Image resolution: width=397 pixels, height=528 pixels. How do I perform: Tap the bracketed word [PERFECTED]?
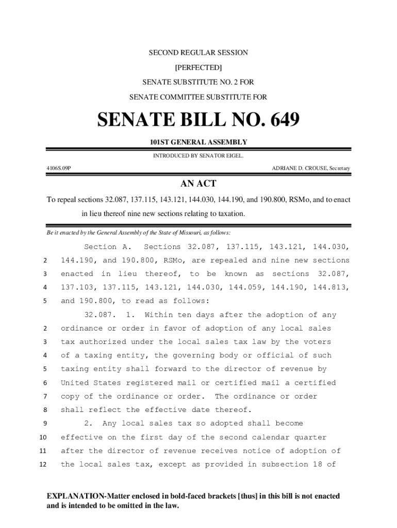point(198,68)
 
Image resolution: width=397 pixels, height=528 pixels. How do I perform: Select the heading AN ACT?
point(198,184)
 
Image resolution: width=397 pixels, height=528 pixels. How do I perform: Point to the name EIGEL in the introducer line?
point(233,155)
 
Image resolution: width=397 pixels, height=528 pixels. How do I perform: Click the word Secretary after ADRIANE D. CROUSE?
point(340,169)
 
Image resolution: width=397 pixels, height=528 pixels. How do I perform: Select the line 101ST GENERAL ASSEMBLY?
point(198,142)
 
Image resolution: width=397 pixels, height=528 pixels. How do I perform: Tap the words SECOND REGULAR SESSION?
point(198,53)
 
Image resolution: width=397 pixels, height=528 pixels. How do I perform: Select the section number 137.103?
point(78,287)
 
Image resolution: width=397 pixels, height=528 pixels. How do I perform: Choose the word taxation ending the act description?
point(228,213)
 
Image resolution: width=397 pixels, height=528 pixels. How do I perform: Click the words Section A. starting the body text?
point(108,247)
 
